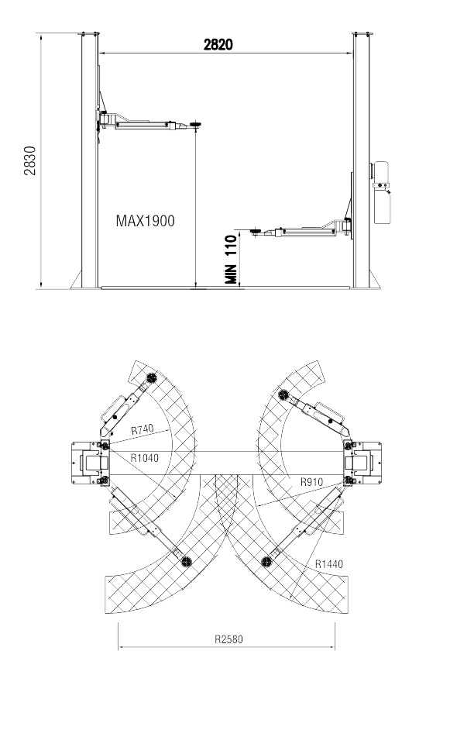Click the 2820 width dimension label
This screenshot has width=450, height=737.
(x=218, y=44)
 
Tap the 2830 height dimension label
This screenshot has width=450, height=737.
(x=30, y=160)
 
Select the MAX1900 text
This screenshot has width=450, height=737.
(x=145, y=220)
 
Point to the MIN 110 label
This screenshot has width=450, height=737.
(x=231, y=260)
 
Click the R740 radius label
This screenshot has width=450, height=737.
(x=142, y=429)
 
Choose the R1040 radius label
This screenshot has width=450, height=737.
(x=144, y=458)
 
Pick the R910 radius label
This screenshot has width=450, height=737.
(x=311, y=482)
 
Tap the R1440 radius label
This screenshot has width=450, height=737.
(x=329, y=564)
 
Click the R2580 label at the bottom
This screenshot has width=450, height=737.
(x=228, y=639)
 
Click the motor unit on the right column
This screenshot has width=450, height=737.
(x=380, y=192)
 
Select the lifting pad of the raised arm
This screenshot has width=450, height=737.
(x=195, y=125)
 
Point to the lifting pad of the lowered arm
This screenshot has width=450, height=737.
(x=256, y=230)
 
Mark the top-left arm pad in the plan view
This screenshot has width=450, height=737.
(x=151, y=377)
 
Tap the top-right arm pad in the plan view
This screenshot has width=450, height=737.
(x=283, y=394)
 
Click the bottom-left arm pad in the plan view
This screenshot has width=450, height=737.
(x=187, y=561)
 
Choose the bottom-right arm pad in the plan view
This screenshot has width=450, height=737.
(x=266, y=561)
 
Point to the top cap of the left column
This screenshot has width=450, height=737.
(x=90, y=33)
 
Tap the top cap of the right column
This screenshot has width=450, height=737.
(x=362, y=33)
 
